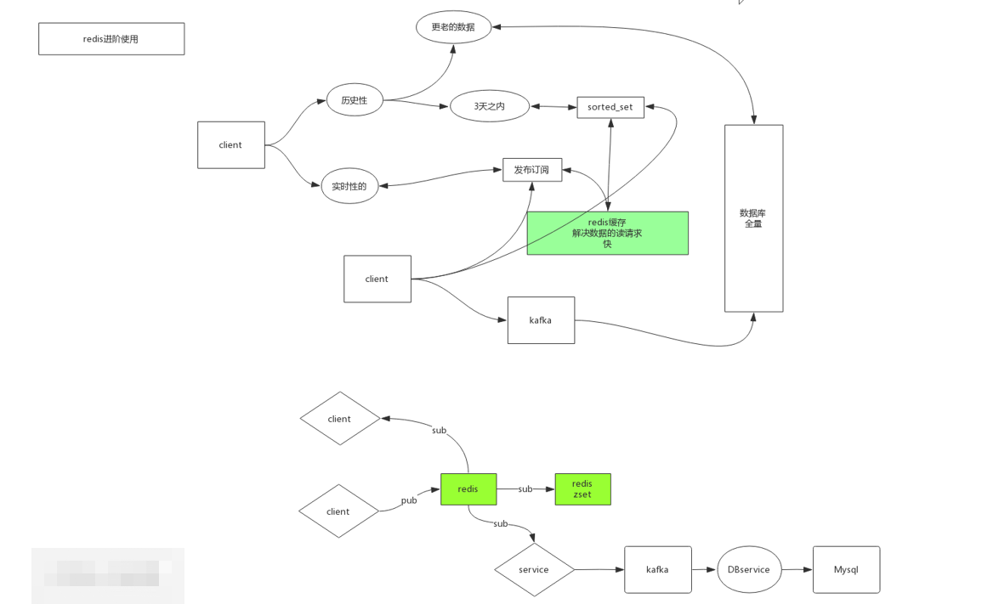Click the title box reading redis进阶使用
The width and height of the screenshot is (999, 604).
pos(111,39)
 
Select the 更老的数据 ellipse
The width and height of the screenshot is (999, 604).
pos(453,27)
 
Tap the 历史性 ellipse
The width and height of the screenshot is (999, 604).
pos(355,100)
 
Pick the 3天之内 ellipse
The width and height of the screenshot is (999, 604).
pos(490,106)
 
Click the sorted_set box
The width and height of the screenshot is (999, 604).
pos(610,107)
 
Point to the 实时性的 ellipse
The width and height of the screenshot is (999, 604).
pos(349,186)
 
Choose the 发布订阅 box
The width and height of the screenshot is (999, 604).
pos(532,170)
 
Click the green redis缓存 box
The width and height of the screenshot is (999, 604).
pos(607,234)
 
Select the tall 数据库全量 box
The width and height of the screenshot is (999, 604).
pos(753,218)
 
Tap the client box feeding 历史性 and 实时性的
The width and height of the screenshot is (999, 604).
pos(231,145)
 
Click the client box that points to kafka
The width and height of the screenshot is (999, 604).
pos(377,279)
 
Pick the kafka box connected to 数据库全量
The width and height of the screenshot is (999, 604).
pos(541,320)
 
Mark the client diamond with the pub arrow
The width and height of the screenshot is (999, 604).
pos(338,511)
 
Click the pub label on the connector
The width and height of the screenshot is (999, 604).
pos(409,500)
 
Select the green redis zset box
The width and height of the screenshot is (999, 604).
pos(582,489)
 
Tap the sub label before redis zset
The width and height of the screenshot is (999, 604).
pos(525,489)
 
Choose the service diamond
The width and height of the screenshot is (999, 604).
pos(534,569)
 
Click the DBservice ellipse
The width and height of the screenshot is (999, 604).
pos(749,569)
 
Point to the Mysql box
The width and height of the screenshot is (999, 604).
pos(846,569)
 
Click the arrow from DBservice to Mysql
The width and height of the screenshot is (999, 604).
pos(797,569)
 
